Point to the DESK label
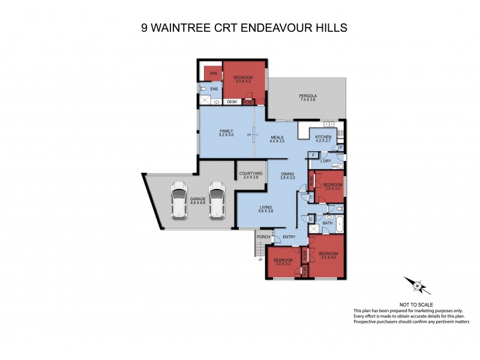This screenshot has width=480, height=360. point(232,102)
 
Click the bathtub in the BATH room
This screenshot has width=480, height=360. point(339,224)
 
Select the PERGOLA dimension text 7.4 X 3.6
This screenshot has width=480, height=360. point(307,100)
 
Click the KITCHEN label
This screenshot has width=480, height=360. point(323,137)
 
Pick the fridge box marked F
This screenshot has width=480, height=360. point(313,155)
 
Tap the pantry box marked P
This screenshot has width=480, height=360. point(340,147)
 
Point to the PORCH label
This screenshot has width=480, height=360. point(263,236)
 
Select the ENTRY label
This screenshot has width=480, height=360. point(289,236)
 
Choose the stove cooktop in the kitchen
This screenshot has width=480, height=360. point(340,133)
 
